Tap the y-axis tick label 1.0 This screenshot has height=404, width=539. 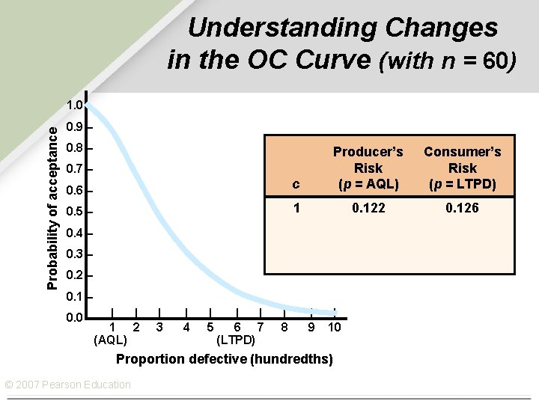pyautogui.click(x=73, y=105)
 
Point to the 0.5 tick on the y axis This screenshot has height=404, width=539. pyautogui.click(x=73, y=212)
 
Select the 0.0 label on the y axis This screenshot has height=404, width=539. pyautogui.click(x=73, y=319)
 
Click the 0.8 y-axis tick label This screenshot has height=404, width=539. pyautogui.click(x=73, y=148)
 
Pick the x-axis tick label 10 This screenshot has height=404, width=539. pyautogui.click(x=335, y=327)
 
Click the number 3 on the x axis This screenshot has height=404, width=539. pyautogui.click(x=159, y=327)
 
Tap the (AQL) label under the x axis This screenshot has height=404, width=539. pyautogui.click(x=110, y=340)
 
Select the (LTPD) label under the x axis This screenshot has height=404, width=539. pyautogui.click(x=236, y=340)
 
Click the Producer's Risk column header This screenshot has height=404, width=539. pyautogui.click(x=368, y=168)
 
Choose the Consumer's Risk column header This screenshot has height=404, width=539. pyautogui.click(x=462, y=168)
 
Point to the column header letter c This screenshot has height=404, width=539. pyautogui.click(x=296, y=184)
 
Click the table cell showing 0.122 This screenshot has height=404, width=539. pyautogui.click(x=368, y=208)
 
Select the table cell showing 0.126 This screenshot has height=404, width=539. pyautogui.click(x=462, y=208)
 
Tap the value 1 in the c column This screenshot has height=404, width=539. pyautogui.click(x=296, y=208)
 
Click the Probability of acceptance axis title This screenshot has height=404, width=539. pyautogui.click(x=52, y=207)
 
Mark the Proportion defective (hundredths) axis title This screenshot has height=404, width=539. pyautogui.click(x=224, y=359)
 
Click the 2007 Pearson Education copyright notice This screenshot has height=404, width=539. pyautogui.click(x=67, y=385)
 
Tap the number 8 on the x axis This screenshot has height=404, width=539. pyautogui.click(x=284, y=327)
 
